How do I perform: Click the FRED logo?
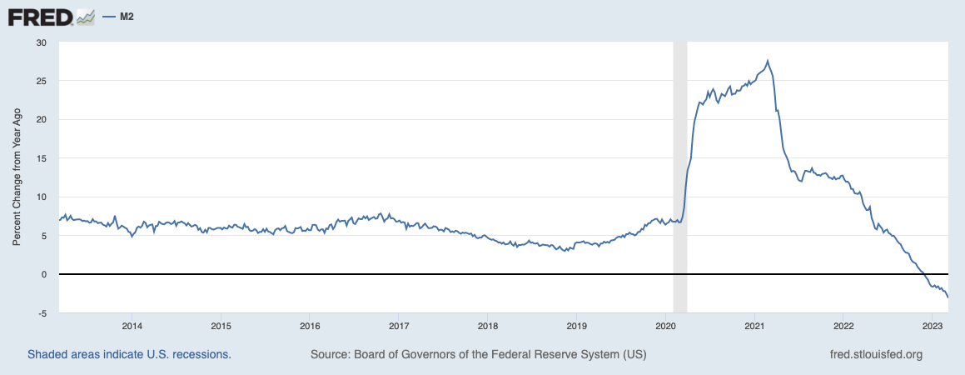40,16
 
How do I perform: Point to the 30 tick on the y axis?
42,42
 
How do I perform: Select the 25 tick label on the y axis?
42,81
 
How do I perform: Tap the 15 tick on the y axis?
42,158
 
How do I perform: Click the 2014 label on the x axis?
132,325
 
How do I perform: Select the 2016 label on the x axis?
309,325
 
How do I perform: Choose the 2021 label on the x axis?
754,325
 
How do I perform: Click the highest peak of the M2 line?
768,60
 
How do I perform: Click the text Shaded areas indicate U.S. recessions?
129,354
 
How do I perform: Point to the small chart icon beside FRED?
86,16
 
